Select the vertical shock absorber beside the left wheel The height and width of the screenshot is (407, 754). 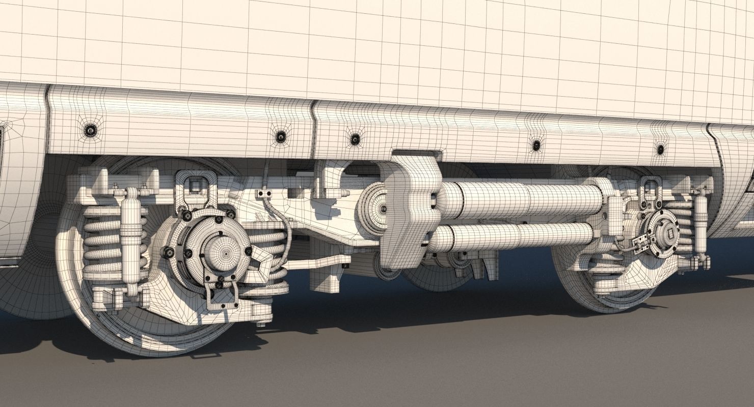tap(130, 239)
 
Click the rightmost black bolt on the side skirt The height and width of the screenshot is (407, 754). tap(660, 150)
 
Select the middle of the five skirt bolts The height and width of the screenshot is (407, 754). tap(355, 138)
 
